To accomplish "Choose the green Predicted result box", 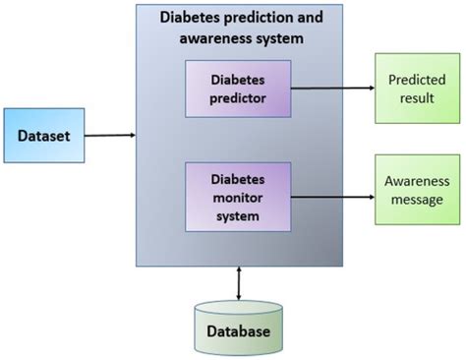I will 417,89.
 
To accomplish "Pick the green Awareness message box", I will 417,191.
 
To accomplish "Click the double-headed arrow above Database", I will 239,282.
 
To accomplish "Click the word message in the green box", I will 417,200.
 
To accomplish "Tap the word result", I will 417,99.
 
